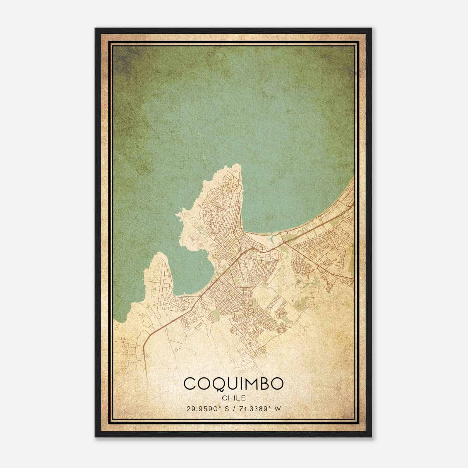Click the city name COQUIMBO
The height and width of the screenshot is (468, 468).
pos(234,384)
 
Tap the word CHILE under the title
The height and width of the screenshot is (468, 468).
pos(234,398)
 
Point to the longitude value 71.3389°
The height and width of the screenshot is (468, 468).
pos(253,409)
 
